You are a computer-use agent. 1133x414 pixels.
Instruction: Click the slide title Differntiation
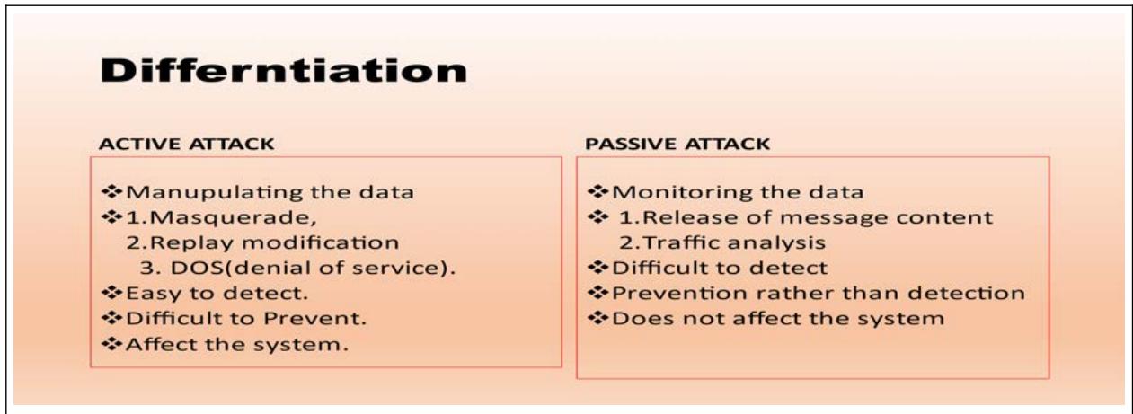284,70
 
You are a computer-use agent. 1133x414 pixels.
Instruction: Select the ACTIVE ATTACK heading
187,144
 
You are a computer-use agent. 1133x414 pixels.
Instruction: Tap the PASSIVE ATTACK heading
677,144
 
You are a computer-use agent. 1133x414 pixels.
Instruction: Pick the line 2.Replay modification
262,243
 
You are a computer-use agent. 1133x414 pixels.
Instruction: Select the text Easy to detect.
217,294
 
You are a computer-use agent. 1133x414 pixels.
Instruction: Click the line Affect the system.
237,345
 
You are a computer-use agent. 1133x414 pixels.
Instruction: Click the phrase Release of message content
818,218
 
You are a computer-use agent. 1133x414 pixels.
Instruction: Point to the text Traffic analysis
734,243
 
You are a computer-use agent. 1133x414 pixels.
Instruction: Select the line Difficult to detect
720,268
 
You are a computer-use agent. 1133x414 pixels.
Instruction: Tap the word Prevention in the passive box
680,294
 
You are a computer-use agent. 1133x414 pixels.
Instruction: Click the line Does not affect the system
778,319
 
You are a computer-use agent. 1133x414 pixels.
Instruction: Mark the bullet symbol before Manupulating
111,191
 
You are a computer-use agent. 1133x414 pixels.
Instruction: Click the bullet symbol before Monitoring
597,191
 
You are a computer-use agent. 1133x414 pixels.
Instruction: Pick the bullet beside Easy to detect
111,293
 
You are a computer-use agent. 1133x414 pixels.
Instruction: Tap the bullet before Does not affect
597,318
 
